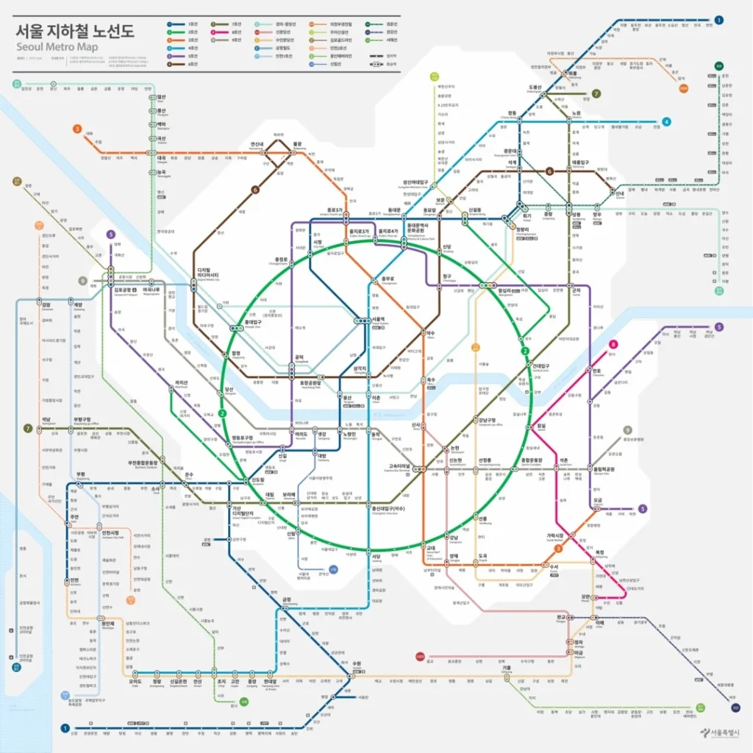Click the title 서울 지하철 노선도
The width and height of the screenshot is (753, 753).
click(76, 32)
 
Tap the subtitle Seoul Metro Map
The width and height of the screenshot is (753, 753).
click(61, 49)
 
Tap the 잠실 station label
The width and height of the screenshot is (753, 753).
click(542, 427)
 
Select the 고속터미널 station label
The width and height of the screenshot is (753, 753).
click(403, 465)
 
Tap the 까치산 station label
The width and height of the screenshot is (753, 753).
click(182, 383)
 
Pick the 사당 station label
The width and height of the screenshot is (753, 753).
click(376, 557)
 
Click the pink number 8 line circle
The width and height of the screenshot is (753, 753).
click(613, 344)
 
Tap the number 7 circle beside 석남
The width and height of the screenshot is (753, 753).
click(28, 428)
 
